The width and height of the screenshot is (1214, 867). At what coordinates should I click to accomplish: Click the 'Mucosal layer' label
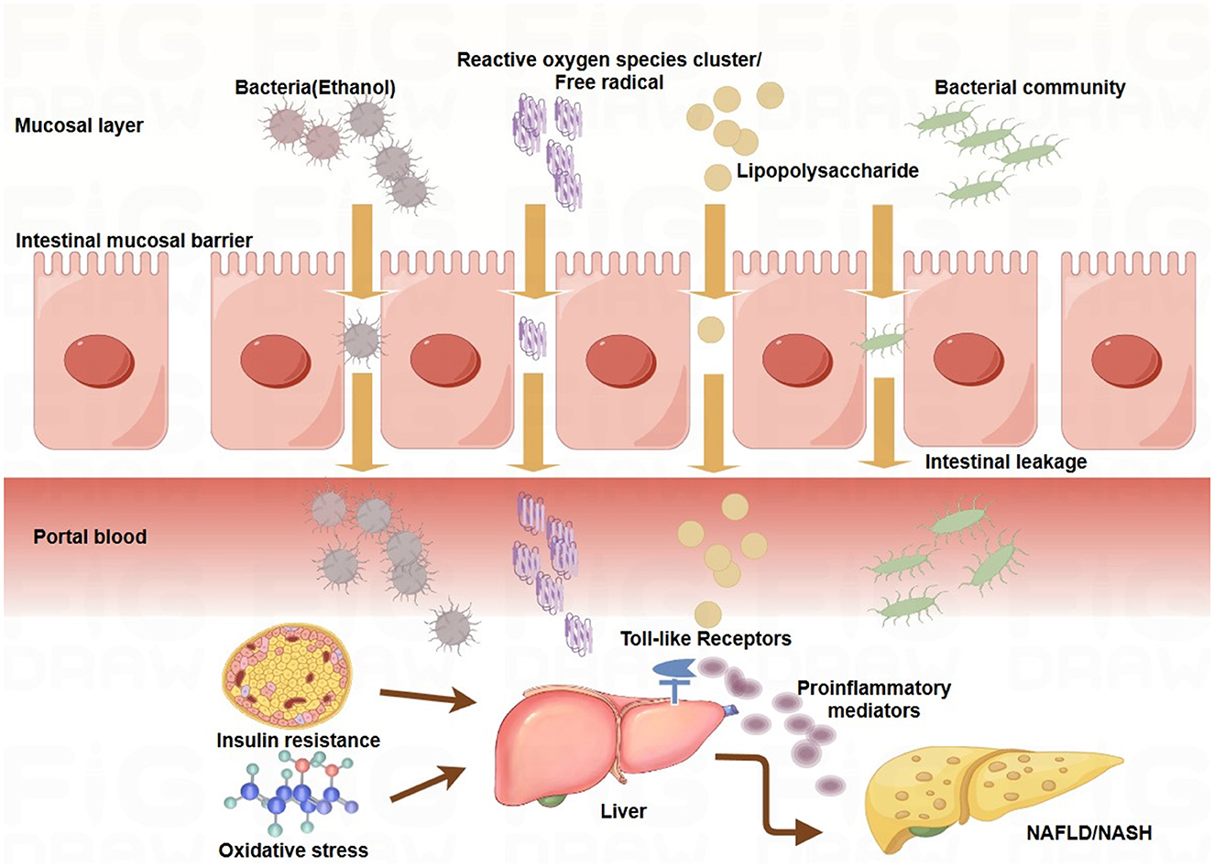79,125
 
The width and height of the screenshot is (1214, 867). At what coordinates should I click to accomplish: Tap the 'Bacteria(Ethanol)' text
315,88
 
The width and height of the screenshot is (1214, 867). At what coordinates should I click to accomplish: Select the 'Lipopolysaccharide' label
826,171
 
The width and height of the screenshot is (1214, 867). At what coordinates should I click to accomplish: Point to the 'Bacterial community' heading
1030,88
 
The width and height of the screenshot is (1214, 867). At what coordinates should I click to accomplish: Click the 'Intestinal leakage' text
1005,462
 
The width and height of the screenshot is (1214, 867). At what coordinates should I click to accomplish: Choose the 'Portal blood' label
90,536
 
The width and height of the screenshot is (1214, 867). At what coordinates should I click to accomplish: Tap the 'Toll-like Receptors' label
705,638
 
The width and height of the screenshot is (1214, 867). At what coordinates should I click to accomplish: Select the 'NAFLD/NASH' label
1090,832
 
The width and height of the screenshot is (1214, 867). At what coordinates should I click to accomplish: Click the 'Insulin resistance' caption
298,740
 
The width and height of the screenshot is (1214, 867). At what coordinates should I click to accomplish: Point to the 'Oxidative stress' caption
293,851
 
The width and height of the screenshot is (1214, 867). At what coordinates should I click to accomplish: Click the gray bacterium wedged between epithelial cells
360,341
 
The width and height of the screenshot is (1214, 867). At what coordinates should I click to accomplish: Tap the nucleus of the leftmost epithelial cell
99,361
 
